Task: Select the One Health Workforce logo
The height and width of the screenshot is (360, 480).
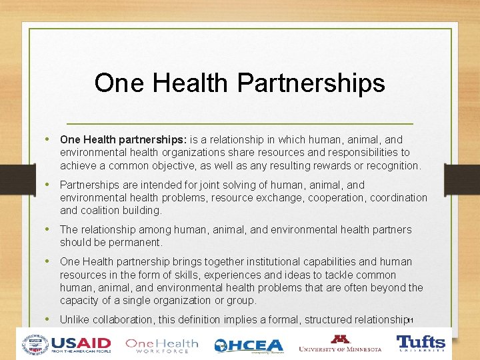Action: tap(162, 345)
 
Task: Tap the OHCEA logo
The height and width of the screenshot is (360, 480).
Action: tap(248, 345)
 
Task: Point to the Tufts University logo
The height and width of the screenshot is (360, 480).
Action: tap(421, 344)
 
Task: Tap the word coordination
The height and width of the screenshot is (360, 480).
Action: tap(396, 197)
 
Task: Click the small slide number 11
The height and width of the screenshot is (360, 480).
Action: tap(411, 321)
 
